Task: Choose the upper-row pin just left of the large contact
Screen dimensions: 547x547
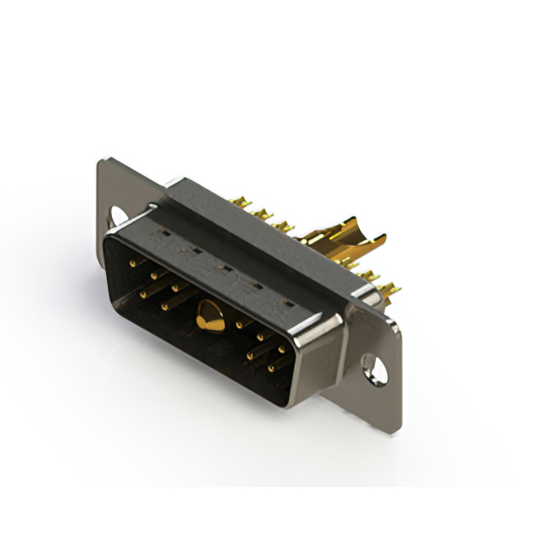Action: click(x=176, y=288)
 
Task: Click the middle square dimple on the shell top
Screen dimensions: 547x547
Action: click(x=225, y=268)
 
